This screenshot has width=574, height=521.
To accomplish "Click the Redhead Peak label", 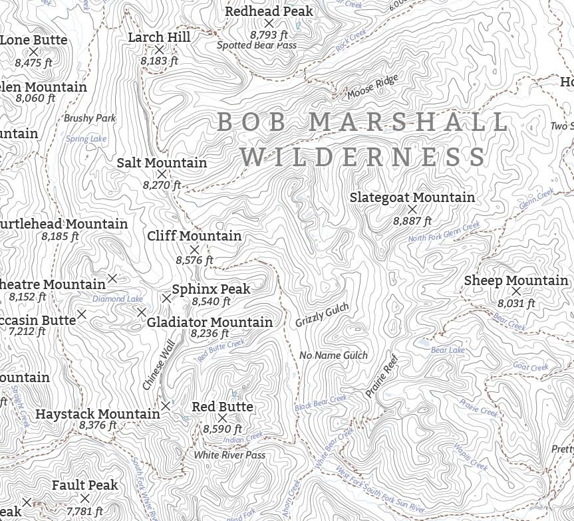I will (269, 11).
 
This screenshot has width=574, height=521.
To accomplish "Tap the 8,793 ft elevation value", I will (269, 34).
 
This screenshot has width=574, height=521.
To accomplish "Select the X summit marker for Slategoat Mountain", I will (412, 209).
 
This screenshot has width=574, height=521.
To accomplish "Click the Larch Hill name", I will (159, 37).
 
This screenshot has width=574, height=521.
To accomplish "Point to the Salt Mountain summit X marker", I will (162, 174).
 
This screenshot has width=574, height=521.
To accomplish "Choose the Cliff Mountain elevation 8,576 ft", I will (195, 260).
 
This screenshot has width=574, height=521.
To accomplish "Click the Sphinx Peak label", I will (211, 289).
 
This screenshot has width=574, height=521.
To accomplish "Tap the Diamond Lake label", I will (118, 299).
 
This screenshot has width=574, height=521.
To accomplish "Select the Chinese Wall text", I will (158, 365).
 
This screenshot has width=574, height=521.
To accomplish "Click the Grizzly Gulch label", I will (322, 315).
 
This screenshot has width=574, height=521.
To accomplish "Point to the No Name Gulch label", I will (333, 355).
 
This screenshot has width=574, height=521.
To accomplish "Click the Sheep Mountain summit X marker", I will (516, 291).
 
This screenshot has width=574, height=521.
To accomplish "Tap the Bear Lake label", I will (448, 350).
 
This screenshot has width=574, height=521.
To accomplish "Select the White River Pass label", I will (229, 455).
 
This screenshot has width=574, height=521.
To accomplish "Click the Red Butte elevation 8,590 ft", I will (223, 429).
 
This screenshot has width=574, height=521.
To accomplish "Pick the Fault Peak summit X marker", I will (84, 498).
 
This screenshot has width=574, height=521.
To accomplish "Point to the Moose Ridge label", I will (372, 87).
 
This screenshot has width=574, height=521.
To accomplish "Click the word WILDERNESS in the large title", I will (364, 157).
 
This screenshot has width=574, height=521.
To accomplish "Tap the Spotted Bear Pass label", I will (257, 45).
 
